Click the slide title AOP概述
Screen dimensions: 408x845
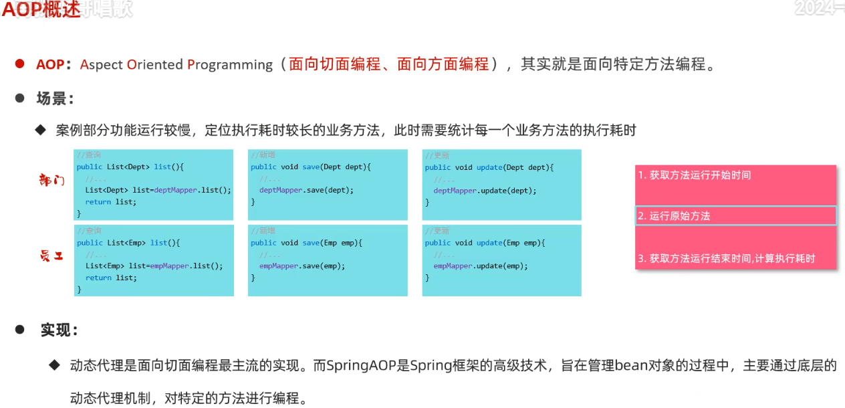[41, 9]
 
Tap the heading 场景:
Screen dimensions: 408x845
[55, 99]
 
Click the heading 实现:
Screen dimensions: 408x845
[59, 330]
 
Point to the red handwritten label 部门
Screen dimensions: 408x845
[52, 180]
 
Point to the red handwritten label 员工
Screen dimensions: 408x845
[51, 256]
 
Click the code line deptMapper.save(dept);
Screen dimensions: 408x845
[306, 190]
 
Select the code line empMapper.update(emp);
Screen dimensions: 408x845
[481, 266]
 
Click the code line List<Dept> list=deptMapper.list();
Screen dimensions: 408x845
[158, 190]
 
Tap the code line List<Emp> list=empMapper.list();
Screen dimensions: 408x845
[154, 266]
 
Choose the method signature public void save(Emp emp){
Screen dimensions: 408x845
[306, 243]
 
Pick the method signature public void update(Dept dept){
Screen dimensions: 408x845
[489, 167]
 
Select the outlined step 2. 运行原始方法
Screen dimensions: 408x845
[674, 216]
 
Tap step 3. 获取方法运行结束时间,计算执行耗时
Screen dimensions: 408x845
[727, 258]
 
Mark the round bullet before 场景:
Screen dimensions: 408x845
[20, 98]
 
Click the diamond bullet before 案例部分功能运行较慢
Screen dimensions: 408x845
[40, 129]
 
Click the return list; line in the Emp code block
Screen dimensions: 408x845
[110, 278]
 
